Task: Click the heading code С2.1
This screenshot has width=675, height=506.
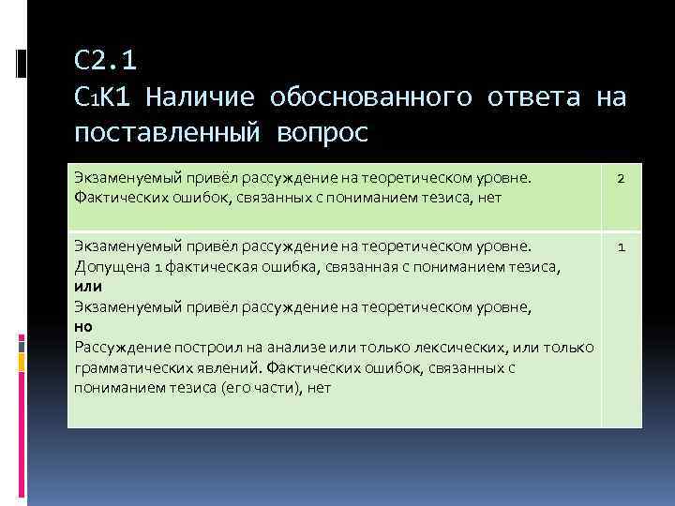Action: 105,61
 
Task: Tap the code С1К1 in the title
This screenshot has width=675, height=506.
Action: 103,97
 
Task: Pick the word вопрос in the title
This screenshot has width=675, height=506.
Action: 323,132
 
